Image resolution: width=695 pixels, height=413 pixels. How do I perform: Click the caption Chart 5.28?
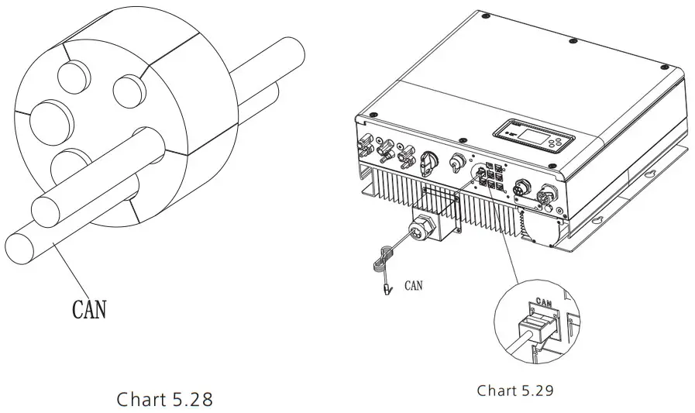[x=164, y=399]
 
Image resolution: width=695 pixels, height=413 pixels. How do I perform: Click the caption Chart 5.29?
[x=515, y=391]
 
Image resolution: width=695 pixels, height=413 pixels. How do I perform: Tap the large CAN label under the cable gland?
[x=89, y=309]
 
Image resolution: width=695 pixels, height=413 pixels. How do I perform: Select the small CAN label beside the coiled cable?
[x=414, y=285]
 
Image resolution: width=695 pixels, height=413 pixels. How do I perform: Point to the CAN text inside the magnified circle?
[x=544, y=303]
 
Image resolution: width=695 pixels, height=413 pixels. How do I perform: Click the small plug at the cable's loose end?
[x=388, y=290]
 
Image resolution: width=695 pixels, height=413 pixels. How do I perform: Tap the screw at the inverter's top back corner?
[x=484, y=16]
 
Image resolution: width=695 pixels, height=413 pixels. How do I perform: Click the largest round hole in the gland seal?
[x=51, y=119]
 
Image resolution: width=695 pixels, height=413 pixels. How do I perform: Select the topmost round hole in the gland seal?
[x=72, y=76]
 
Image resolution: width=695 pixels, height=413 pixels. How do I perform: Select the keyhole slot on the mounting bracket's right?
[x=651, y=174]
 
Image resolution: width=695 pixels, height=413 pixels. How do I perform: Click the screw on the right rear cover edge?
[x=664, y=67]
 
